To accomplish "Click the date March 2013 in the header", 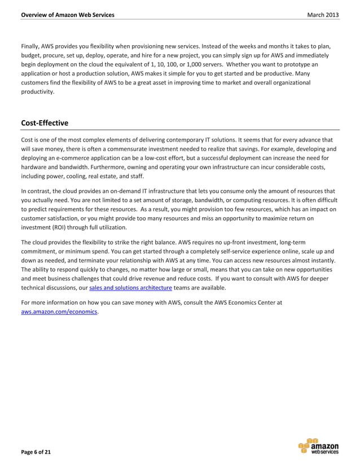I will [323, 14].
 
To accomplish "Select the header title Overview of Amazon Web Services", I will [67, 14].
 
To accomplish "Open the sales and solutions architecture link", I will [130, 287].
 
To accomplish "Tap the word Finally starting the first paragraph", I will [31, 45].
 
